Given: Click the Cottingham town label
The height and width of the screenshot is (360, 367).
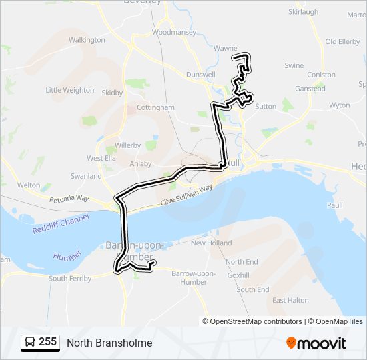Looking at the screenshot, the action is [155, 107].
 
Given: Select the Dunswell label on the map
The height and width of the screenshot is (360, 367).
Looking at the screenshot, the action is [201, 75].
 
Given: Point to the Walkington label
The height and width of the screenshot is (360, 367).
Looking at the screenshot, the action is [87, 40].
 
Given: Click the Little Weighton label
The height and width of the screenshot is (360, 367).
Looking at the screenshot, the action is [69, 90].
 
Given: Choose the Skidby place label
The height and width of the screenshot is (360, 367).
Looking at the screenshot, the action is [113, 93].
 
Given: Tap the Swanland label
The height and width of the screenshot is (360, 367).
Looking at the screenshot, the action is [86, 176].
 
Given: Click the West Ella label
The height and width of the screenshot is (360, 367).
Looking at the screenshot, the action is [101, 158].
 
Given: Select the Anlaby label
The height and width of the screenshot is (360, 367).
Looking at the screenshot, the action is [141, 163].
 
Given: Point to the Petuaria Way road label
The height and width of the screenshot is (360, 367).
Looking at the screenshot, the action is [69, 199].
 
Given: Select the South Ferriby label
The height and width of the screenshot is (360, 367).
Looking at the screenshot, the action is [70, 279].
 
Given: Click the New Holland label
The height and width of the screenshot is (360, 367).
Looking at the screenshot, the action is [211, 243].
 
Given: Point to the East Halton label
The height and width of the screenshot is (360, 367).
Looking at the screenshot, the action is [290, 301].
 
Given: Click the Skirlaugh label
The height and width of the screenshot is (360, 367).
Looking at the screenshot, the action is [303, 12].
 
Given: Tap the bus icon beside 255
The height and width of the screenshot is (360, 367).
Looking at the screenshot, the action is [29, 343].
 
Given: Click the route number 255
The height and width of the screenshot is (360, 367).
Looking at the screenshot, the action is [47, 342].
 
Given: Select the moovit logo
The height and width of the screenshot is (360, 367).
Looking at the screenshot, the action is [316, 343].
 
